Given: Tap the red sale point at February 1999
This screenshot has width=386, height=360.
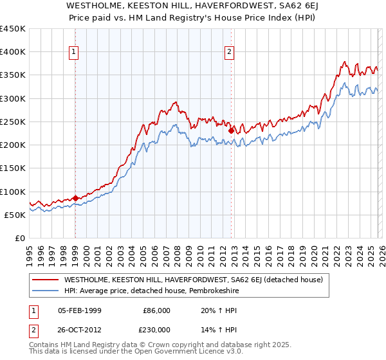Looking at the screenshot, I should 75,198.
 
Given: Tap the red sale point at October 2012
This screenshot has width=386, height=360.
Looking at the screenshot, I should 231,130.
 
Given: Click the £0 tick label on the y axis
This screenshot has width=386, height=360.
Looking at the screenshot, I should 19,238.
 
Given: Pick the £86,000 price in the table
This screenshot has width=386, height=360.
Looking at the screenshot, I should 157,310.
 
